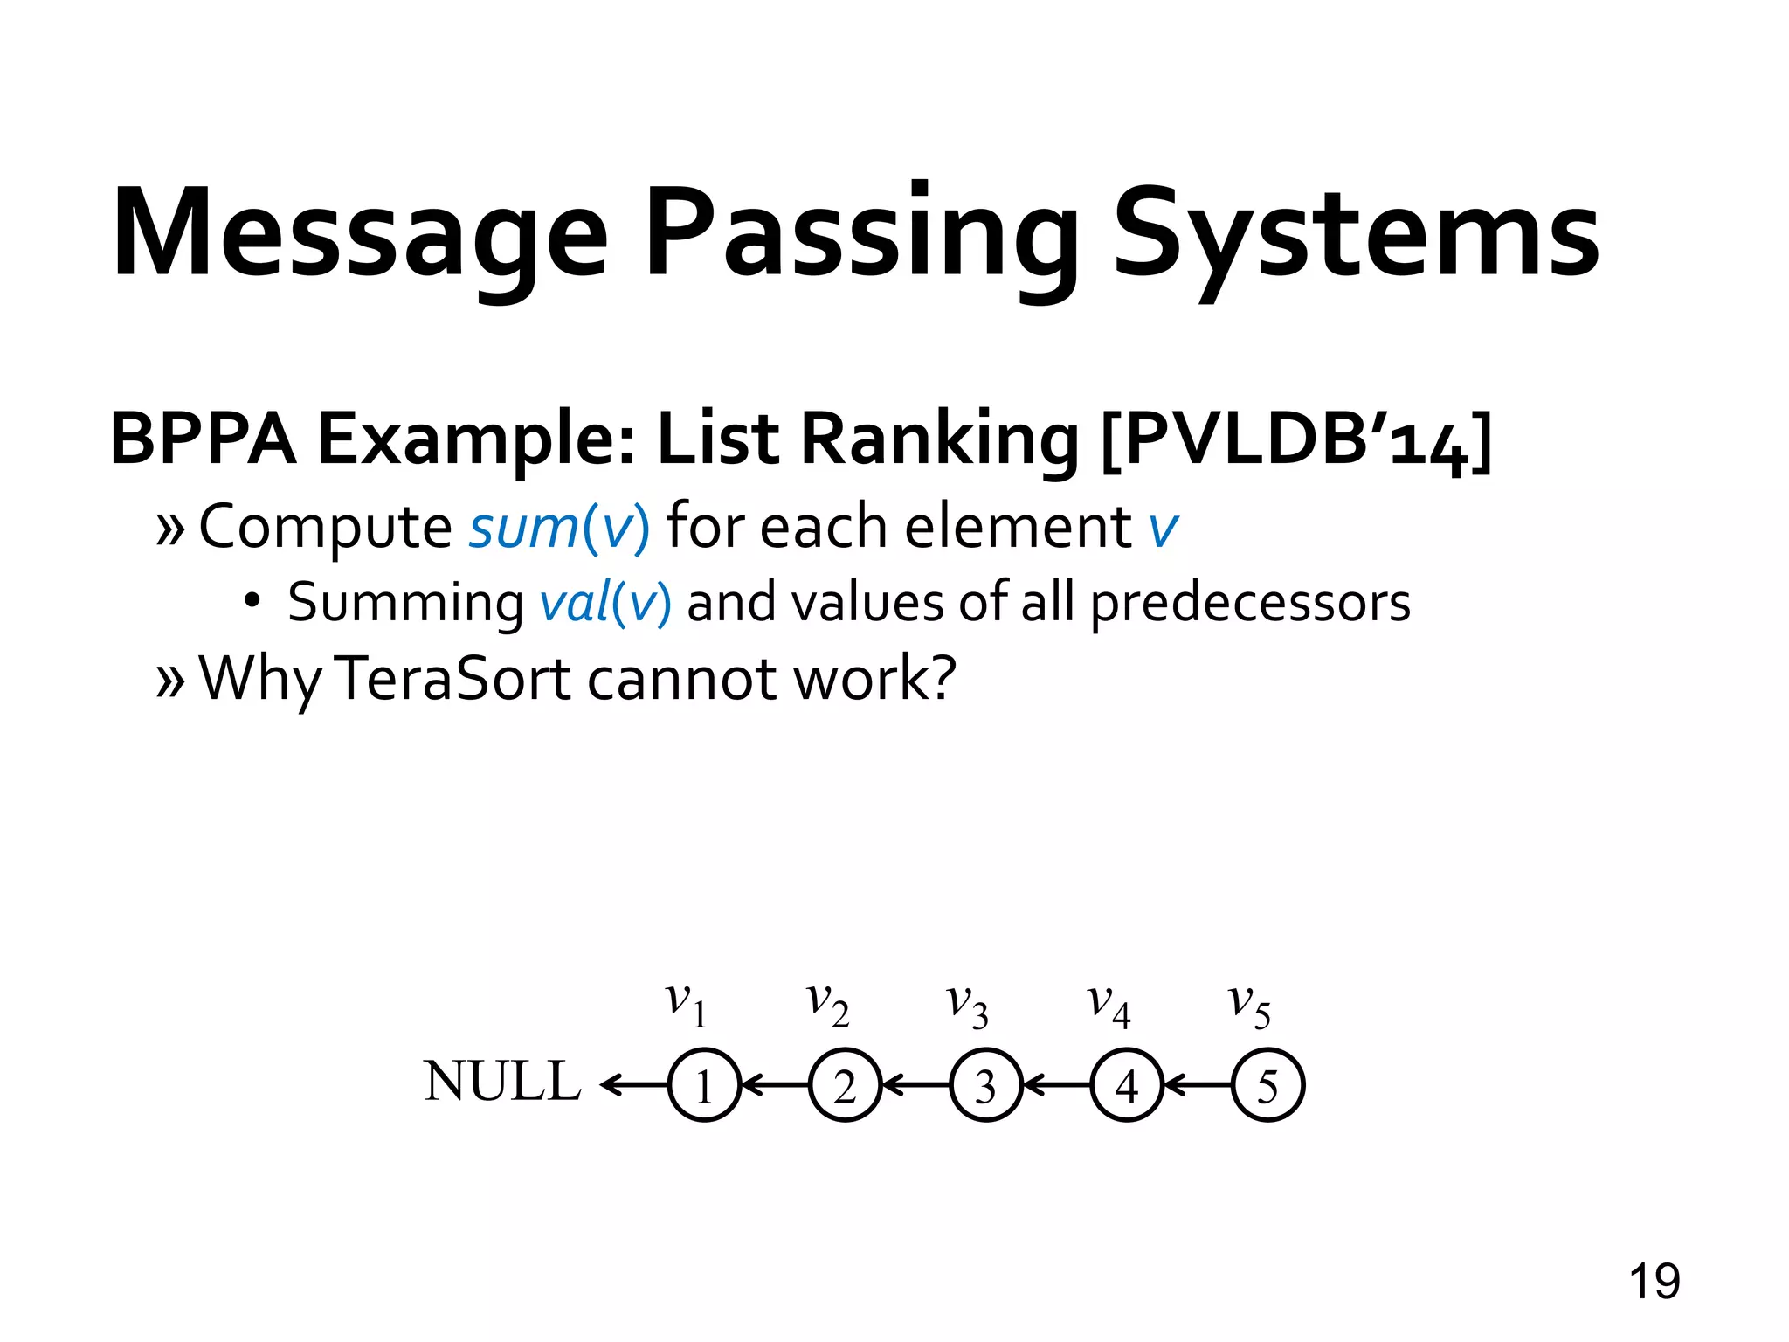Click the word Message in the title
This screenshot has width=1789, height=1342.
(x=358, y=234)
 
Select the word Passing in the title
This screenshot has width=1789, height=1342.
(x=860, y=234)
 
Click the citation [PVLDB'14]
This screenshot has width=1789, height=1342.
(x=1295, y=439)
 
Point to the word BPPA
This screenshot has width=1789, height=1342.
(x=203, y=439)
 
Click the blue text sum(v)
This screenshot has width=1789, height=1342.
(x=559, y=528)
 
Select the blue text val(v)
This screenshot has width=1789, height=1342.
(x=605, y=603)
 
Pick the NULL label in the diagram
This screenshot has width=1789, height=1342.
(x=502, y=1082)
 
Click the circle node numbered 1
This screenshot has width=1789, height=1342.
(x=704, y=1085)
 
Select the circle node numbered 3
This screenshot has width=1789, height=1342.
(x=985, y=1085)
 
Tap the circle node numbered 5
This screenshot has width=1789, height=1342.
(x=1267, y=1085)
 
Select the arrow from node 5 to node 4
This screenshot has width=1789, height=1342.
(x=1198, y=1085)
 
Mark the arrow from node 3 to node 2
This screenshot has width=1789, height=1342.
(x=916, y=1085)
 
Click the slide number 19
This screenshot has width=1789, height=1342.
(x=1654, y=1282)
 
